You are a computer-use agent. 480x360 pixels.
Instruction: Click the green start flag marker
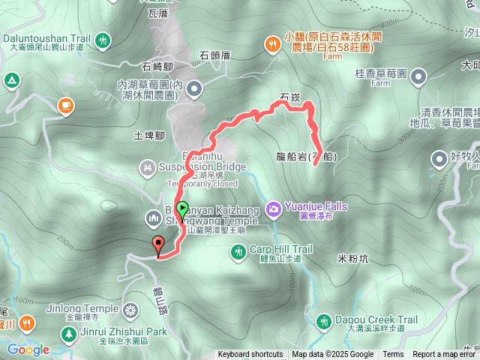click(x=181, y=210)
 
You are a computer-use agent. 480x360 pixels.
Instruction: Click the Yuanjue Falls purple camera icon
click(x=274, y=206)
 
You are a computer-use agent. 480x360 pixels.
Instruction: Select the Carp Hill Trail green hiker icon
click(x=238, y=253)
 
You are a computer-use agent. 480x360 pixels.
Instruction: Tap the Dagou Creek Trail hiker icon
click(x=323, y=322)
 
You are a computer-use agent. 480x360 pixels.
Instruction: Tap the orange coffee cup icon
click(x=66, y=106)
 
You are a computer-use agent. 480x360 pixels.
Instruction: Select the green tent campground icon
click(x=12, y=79)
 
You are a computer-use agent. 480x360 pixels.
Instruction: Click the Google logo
click(x=28, y=349)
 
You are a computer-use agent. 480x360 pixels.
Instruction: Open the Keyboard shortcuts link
click(x=250, y=355)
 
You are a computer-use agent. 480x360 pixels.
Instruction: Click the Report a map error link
click(x=445, y=355)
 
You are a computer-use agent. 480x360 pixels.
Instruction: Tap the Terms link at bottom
click(x=393, y=355)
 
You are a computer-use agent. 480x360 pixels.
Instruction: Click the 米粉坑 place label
click(x=353, y=259)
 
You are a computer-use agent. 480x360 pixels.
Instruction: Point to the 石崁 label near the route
click(x=289, y=97)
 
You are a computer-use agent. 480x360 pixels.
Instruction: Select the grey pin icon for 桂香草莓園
click(x=418, y=75)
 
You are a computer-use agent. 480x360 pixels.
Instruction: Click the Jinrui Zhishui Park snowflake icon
click(x=131, y=310)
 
